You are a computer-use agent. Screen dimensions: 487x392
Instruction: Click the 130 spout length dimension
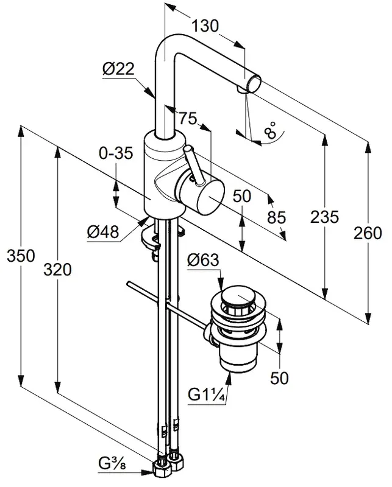pos(205,26)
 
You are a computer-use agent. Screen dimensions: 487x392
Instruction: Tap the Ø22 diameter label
pos(118,70)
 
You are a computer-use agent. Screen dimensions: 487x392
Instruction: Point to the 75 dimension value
pos(188,119)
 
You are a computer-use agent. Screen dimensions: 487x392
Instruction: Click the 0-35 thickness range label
pos(116,155)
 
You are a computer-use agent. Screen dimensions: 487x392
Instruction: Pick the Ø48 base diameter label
pos(102,231)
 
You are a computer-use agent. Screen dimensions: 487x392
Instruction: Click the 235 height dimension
pos(324,217)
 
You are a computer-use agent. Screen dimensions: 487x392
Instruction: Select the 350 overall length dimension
pos(20,256)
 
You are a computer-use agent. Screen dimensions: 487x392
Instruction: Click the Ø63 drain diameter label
pos(203,261)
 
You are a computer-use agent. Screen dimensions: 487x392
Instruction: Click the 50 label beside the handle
pos(242,196)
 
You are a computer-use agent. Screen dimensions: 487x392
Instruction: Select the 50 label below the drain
pos(279,377)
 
